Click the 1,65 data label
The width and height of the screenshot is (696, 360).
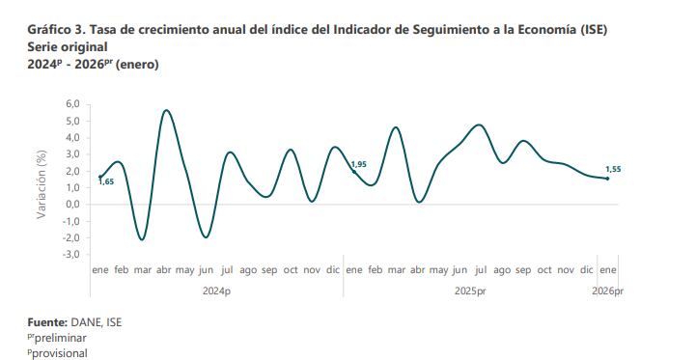tap(107, 181)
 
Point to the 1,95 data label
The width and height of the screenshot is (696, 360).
tap(358, 165)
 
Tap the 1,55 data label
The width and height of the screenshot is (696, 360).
tap(614, 169)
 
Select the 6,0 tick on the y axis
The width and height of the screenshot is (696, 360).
tap(72, 104)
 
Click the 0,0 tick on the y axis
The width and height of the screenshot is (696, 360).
tap(72, 205)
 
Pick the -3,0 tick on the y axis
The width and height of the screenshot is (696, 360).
tap(70, 255)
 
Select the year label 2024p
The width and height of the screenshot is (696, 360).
tap(216, 290)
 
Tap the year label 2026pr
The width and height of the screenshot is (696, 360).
tap(607, 290)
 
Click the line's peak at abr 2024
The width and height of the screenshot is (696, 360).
tap(166, 110)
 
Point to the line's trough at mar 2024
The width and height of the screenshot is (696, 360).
tap(142, 239)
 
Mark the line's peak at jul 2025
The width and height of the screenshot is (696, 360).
tap(479, 125)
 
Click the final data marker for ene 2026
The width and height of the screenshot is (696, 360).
tap(607, 179)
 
